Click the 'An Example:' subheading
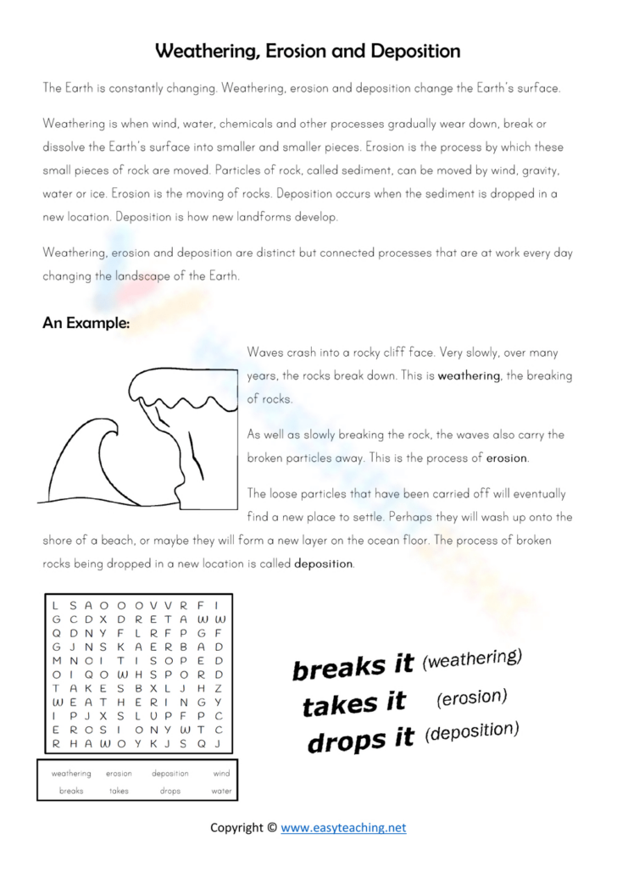click(x=86, y=323)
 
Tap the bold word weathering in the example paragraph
click(x=469, y=375)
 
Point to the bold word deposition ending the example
click(x=323, y=564)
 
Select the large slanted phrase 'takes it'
click(x=354, y=703)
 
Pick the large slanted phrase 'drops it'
click(x=360, y=741)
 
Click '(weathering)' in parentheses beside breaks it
click(x=471, y=658)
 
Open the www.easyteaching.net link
click(x=343, y=827)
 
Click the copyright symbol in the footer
click(x=271, y=828)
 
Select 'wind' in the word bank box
click(x=221, y=774)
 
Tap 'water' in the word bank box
click(x=221, y=791)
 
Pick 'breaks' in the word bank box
click(x=71, y=791)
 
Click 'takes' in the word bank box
click(x=119, y=791)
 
